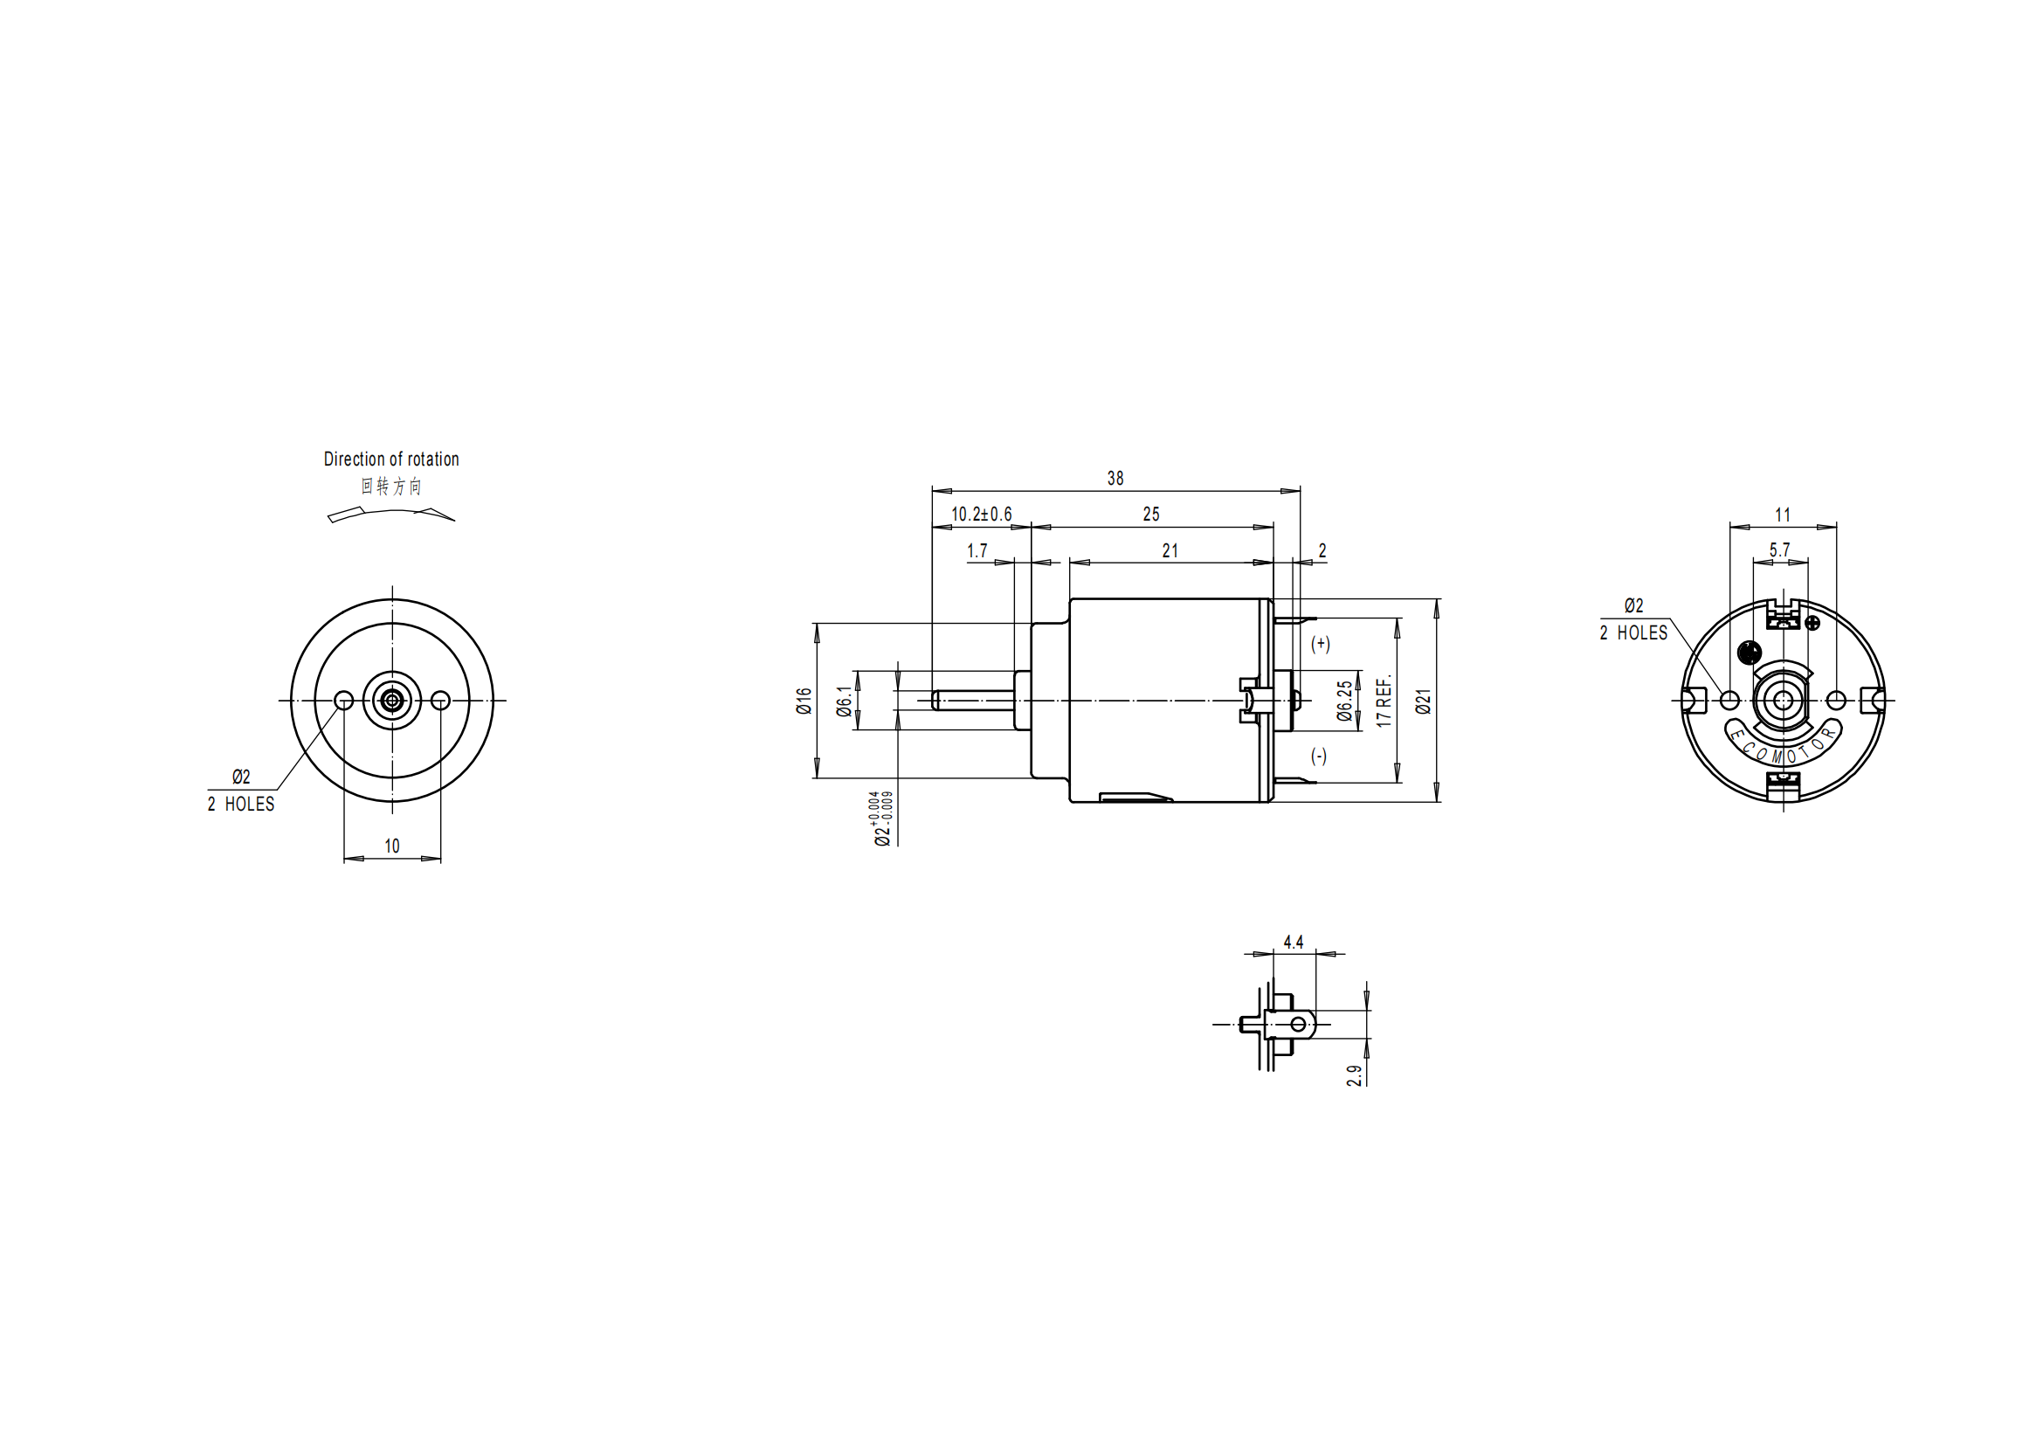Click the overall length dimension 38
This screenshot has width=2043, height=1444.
point(1115,479)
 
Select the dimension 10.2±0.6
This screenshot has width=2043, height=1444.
point(981,515)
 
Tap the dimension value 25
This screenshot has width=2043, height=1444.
point(1150,515)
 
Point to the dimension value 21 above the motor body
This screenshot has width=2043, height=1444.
point(1170,550)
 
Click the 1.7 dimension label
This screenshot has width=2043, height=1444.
point(977,550)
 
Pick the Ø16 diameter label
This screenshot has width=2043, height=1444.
point(804,701)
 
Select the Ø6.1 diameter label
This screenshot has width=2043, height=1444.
point(845,701)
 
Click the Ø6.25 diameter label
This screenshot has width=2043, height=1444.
point(1344,701)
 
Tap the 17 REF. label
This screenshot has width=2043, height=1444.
point(1383,701)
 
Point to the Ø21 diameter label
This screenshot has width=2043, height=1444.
point(1423,701)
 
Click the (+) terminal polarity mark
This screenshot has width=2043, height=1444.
point(1320,643)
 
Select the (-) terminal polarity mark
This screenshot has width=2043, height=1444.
point(1319,757)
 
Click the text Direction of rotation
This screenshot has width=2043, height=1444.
point(390,459)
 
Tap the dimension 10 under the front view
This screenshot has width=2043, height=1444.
point(391,846)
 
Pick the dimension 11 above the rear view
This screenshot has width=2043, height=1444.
point(1783,515)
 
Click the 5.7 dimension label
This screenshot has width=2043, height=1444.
point(1778,549)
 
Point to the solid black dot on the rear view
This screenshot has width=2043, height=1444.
point(1749,653)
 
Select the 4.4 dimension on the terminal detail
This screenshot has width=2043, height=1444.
point(1293,942)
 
